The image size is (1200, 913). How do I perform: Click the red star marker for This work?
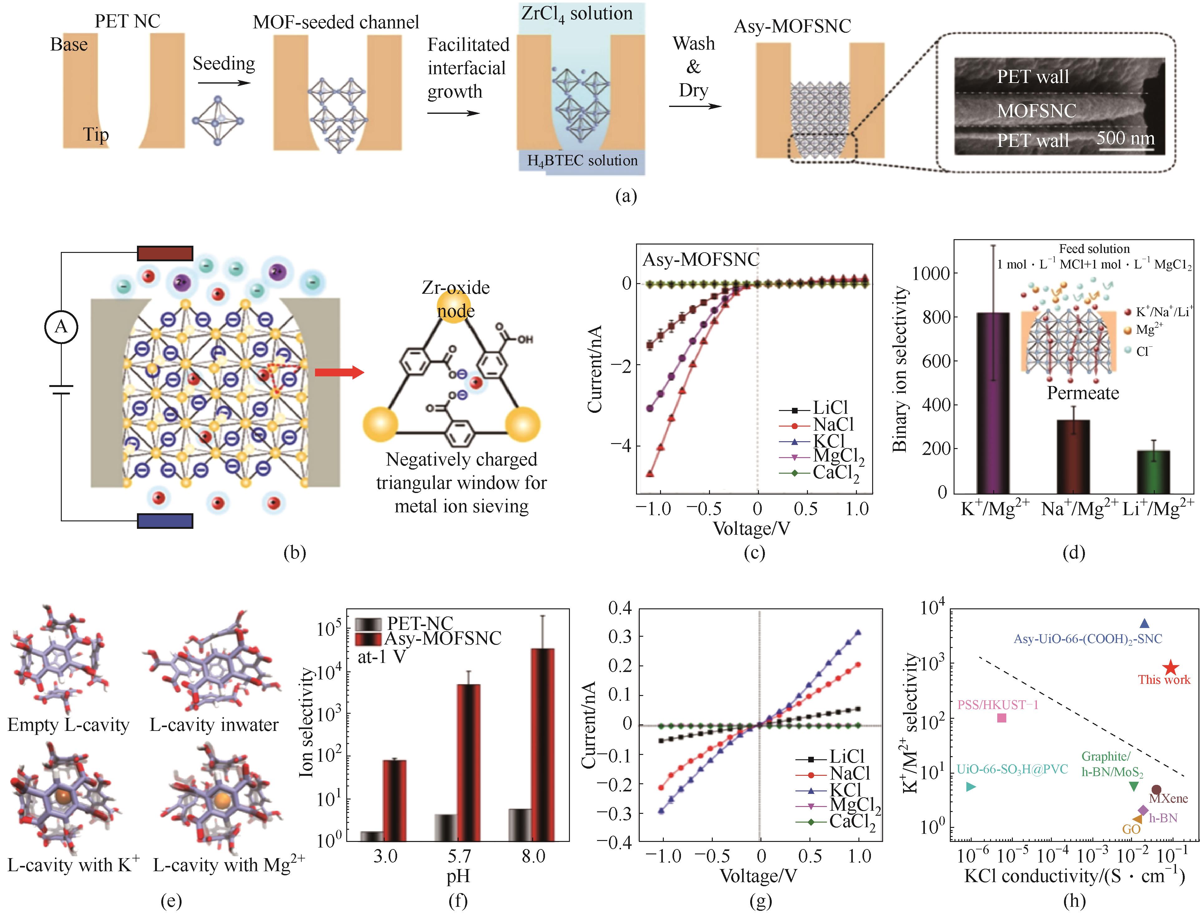(1171, 668)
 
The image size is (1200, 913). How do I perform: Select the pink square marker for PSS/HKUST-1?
(1002, 718)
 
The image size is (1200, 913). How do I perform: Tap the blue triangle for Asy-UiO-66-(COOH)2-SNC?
(1144, 623)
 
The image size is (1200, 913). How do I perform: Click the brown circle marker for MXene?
(1157, 790)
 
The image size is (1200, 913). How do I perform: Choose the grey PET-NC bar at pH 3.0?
(372, 836)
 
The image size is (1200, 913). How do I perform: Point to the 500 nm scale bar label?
(1125, 138)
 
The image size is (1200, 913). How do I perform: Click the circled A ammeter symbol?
(61, 326)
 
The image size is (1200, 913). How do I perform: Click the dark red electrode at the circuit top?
(165, 253)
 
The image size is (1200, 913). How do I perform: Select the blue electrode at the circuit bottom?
(165, 521)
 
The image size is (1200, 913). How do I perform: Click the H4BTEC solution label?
(582, 161)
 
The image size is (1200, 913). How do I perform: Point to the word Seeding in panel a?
(223, 64)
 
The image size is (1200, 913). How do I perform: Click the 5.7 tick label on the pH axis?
(459, 857)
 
